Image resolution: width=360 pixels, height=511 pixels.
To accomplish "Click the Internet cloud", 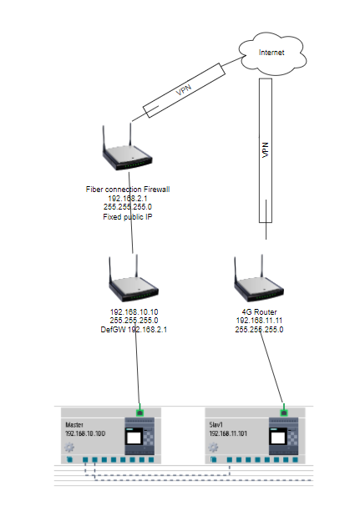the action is [x=272, y=53].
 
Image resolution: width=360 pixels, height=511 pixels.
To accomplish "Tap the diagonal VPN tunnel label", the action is [x=184, y=90].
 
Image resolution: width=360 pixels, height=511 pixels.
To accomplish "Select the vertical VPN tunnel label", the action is [x=266, y=150].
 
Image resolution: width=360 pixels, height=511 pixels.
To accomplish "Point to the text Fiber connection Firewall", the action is [x=128, y=189].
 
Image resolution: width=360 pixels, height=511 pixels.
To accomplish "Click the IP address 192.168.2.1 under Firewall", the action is [x=128, y=198].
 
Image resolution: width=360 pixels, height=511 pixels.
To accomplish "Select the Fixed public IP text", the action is [x=128, y=217].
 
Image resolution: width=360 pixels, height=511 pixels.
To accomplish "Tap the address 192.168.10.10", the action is [x=134, y=312].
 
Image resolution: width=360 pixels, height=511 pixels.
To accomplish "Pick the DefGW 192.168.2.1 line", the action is [x=134, y=330].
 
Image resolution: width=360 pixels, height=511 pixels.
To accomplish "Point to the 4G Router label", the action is [x=259, y=312].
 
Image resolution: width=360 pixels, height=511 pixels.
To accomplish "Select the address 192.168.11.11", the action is [x=259, y=321].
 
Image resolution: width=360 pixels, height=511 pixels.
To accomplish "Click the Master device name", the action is [x=74, y=425].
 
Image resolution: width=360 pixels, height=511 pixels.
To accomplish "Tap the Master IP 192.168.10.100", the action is [x=85, y=433].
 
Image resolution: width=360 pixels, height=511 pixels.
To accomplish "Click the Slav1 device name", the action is [x=215, y=425].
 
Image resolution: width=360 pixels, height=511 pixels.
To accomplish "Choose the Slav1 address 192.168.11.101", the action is [x=228, y=433].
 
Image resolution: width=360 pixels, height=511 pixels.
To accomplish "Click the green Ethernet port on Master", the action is [x=139, y=412].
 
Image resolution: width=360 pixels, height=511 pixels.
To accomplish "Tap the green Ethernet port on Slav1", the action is [x=284, y=412].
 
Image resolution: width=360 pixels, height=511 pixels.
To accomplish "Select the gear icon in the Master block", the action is [x=69, y=448].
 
